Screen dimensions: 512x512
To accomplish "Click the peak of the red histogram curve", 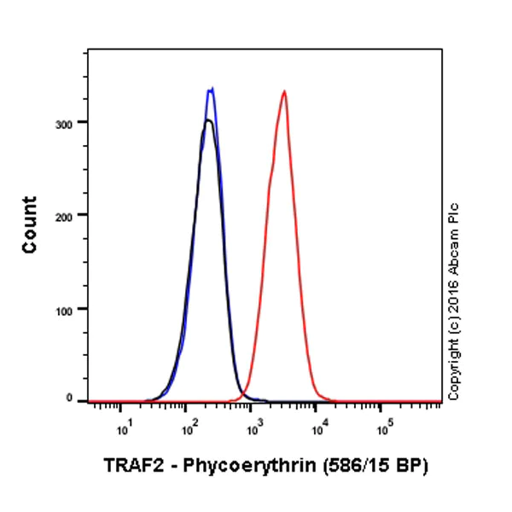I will pos(283,91).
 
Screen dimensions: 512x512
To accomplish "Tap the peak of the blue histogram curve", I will pos(210,88).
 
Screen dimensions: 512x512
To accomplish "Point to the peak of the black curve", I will pos(207,120).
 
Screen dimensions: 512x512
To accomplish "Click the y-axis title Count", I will pos(30,224).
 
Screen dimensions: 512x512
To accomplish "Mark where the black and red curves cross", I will pos(243,394).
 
